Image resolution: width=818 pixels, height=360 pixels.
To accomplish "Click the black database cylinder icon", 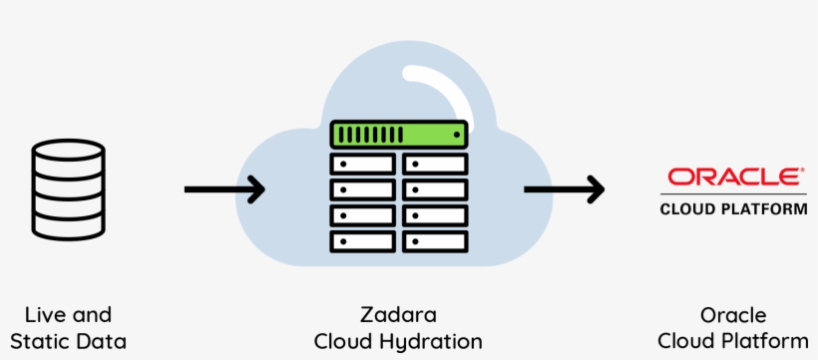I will click(68, 189).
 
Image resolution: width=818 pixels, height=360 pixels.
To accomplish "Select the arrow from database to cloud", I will click(224, 187).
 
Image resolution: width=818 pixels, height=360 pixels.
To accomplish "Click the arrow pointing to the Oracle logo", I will click(565, 187).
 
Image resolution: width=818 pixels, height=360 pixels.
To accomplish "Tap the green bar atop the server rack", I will click(399, 134).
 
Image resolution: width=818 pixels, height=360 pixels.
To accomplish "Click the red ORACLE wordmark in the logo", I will click(733, 178).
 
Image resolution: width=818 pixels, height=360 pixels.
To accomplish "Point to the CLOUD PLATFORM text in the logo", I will click(733, 209).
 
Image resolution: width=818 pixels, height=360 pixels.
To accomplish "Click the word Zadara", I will click(399, 315).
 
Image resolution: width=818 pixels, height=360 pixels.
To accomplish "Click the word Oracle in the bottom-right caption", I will click(733, 315).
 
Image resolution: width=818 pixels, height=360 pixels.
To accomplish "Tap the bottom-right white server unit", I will click(436, 240).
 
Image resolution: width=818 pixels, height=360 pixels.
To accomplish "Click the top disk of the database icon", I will click(68, 155).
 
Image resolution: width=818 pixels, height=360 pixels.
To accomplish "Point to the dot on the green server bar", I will click(457, 134).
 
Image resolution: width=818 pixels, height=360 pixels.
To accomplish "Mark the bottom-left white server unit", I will click(362, 240).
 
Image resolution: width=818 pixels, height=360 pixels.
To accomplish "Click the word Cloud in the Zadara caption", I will click(342, 342).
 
